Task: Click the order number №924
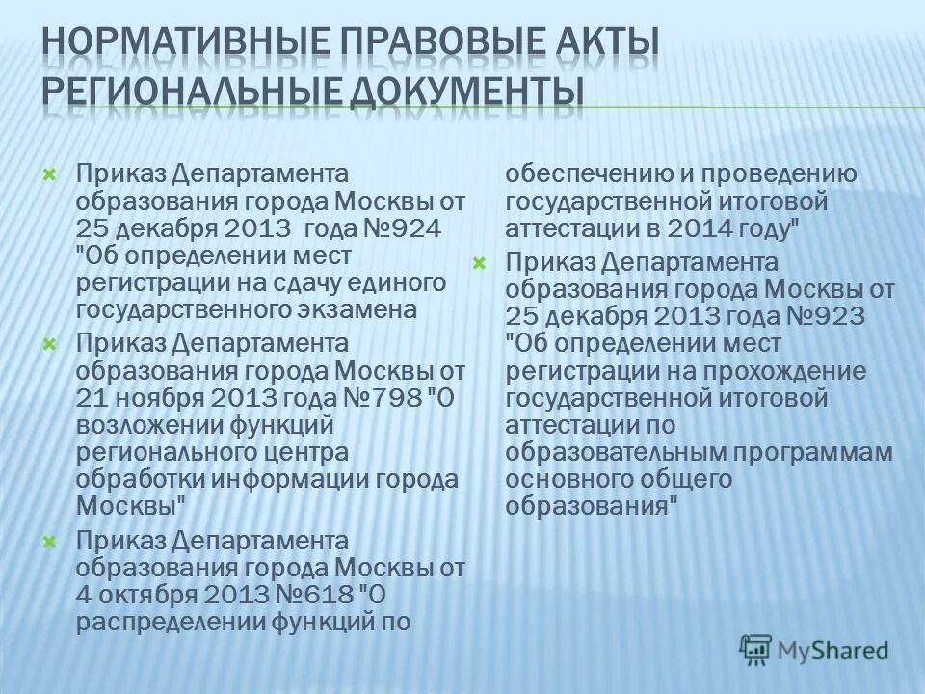[x=390, y=228]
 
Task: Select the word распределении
[x=159, y=622]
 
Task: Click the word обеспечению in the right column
[x=575, y=174]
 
